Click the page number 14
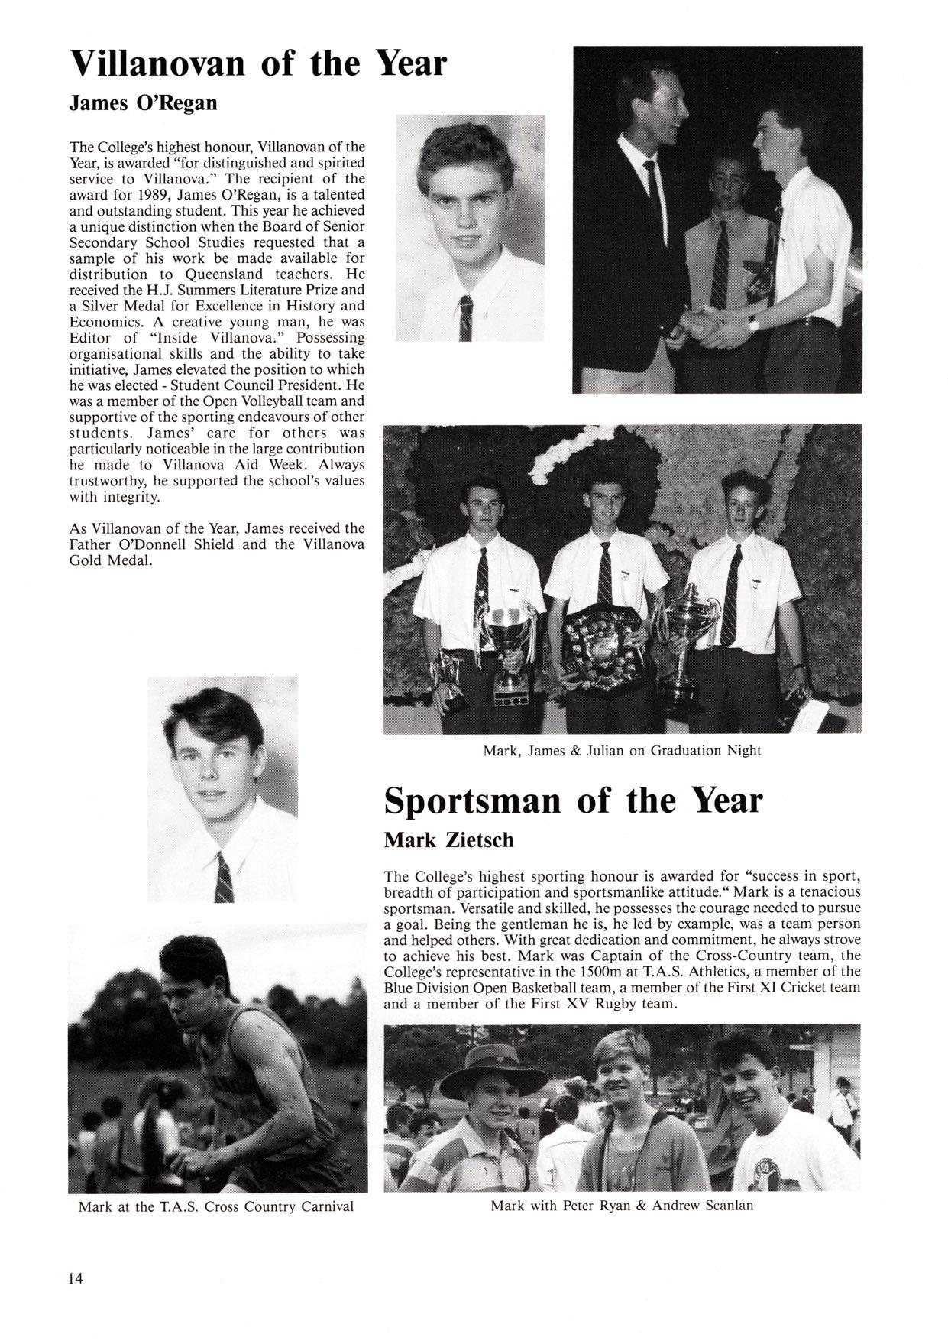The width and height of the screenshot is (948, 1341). [76, 1278]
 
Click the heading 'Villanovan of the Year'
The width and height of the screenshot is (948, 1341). [257, 63]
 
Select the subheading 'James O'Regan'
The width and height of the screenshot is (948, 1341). [143, 102]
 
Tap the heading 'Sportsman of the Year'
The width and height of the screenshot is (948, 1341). [573, 800]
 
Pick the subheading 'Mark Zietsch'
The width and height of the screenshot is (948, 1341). [448, 840]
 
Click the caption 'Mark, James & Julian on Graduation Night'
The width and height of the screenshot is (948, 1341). [622, 750]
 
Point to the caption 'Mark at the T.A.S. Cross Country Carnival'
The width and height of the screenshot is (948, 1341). [216, 1206]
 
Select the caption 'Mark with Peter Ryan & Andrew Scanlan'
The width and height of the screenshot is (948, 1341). [622, 1206]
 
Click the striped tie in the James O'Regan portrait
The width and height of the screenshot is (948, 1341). [465, 317]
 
